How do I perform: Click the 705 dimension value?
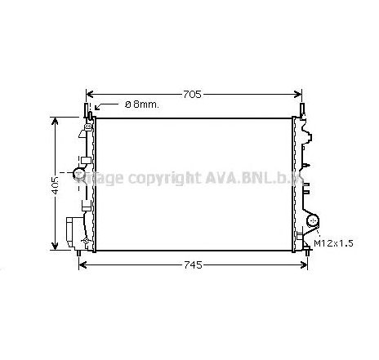(x=190, y=95)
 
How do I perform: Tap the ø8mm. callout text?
(x=142, y=105)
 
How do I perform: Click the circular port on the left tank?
(x=79, y=173)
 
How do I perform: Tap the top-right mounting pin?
(x=304, y=109)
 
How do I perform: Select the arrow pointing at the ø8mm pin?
(x=96, y=106)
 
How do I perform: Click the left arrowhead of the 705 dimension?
(x=90, y=95)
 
